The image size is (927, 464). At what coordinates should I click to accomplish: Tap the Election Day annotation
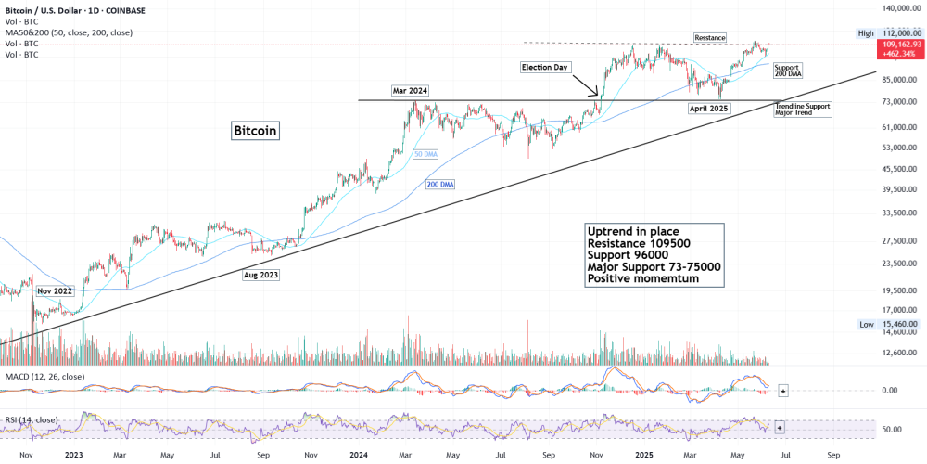click(x=544, y=67)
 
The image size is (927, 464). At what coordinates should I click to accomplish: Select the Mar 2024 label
click(x=409, y=90)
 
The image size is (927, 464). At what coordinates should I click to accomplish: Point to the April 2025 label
click(x=708, y=109)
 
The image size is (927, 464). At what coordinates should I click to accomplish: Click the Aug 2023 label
click(x=260, y=275)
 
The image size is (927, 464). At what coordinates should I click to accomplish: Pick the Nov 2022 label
click(x=56, y=290)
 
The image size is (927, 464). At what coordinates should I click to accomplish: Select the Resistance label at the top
click(x=709, y=37)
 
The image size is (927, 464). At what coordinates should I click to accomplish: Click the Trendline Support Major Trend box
click(x=802, y=110)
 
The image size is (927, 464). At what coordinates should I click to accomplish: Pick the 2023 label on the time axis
click(x=74, y=456)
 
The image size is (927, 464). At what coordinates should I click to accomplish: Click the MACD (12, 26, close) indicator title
click(x=45, y=376)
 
